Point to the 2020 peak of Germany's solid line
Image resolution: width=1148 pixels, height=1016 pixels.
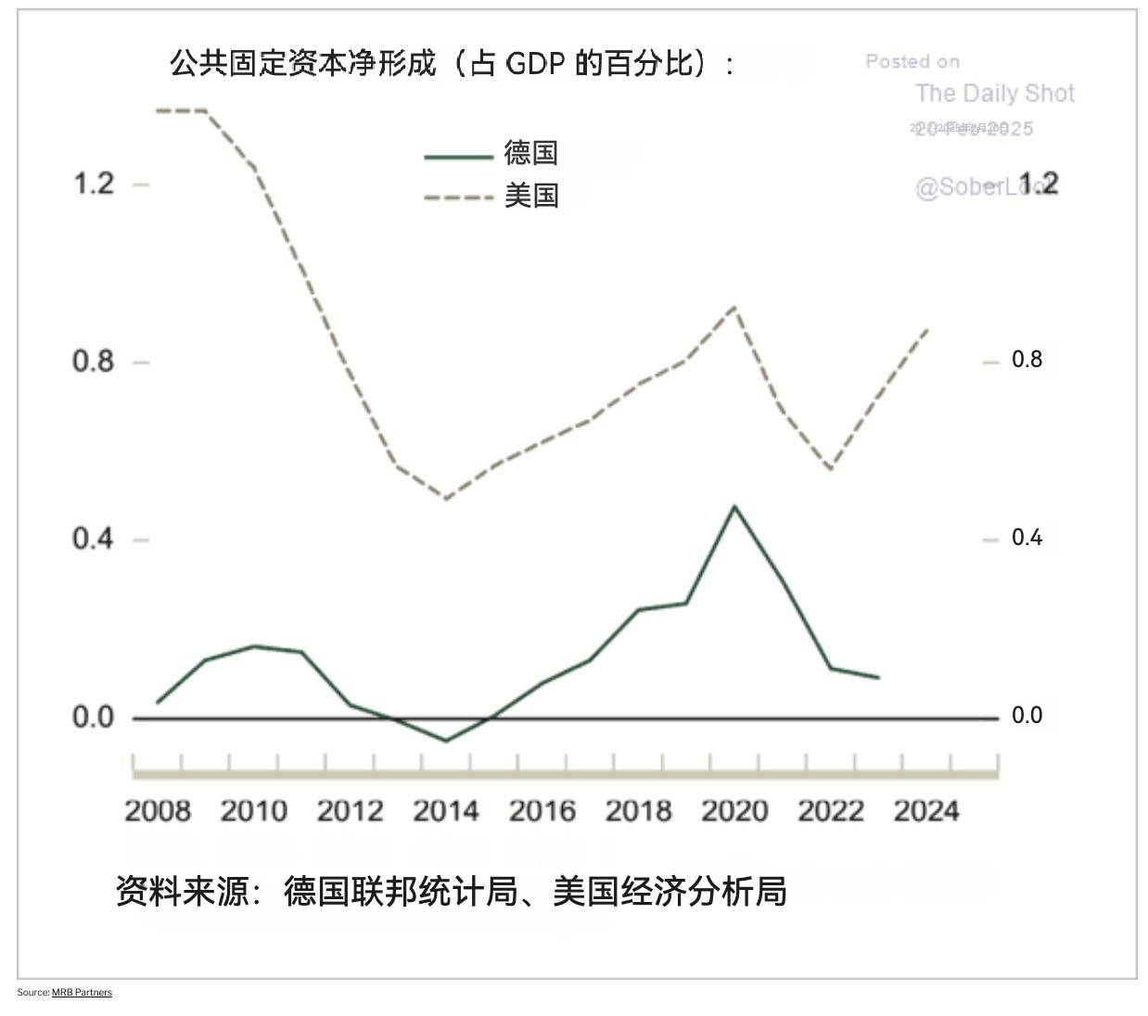tap(734, 506)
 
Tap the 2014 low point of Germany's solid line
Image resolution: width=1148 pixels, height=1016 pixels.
tap(446, 741)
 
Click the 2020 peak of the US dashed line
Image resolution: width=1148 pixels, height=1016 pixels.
tap(734, 307)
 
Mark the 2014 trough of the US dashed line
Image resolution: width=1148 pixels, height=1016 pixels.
tap(446, 499)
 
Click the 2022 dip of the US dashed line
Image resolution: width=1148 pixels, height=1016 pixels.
tap(830, 469)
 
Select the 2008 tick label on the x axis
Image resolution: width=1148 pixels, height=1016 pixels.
tap(158, 811)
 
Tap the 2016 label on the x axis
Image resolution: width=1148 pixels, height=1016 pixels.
tap(542, 811)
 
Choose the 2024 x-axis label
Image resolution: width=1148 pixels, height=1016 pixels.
tap(926, 811)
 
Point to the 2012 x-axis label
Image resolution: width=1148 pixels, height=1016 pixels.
tap(350, 811)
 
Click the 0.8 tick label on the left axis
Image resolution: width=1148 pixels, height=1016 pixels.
tap(94, 361)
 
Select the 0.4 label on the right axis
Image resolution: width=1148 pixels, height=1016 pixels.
tap(1027, 538)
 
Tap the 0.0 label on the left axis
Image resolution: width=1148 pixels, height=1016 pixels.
tap(94, 717)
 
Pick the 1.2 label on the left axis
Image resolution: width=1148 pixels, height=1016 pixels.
tap(94, 184)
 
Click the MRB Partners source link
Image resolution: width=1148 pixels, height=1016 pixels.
tap(82, 992)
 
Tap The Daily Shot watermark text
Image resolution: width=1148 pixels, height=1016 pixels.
tap(995, 94)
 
